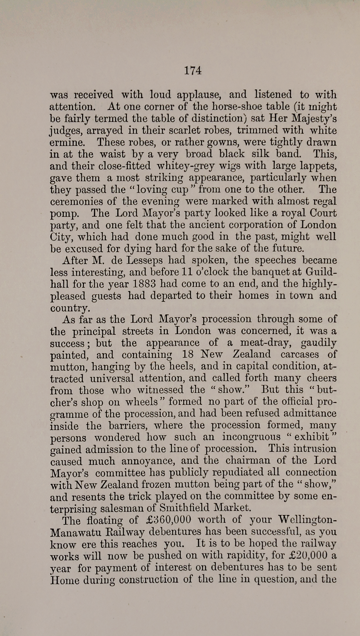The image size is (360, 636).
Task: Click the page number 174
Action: [x=193, y=71]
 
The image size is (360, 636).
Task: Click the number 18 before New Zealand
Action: [x=188, y=354]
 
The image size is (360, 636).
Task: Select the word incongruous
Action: [x=251, y=437]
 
